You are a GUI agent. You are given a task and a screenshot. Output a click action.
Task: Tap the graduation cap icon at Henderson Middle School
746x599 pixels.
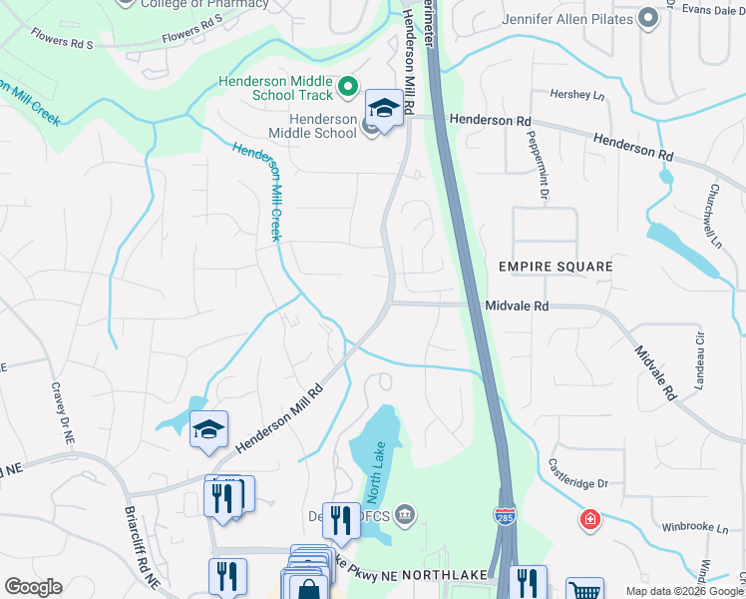(384, 106)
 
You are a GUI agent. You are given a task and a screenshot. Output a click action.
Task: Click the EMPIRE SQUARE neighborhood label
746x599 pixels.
(556, 268)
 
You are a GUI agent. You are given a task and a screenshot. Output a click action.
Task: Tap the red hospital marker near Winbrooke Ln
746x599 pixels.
(590, 519)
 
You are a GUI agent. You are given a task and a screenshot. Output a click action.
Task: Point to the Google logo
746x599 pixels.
(33, 587)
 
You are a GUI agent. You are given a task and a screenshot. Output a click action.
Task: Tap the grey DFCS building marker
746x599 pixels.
(405, 515)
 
